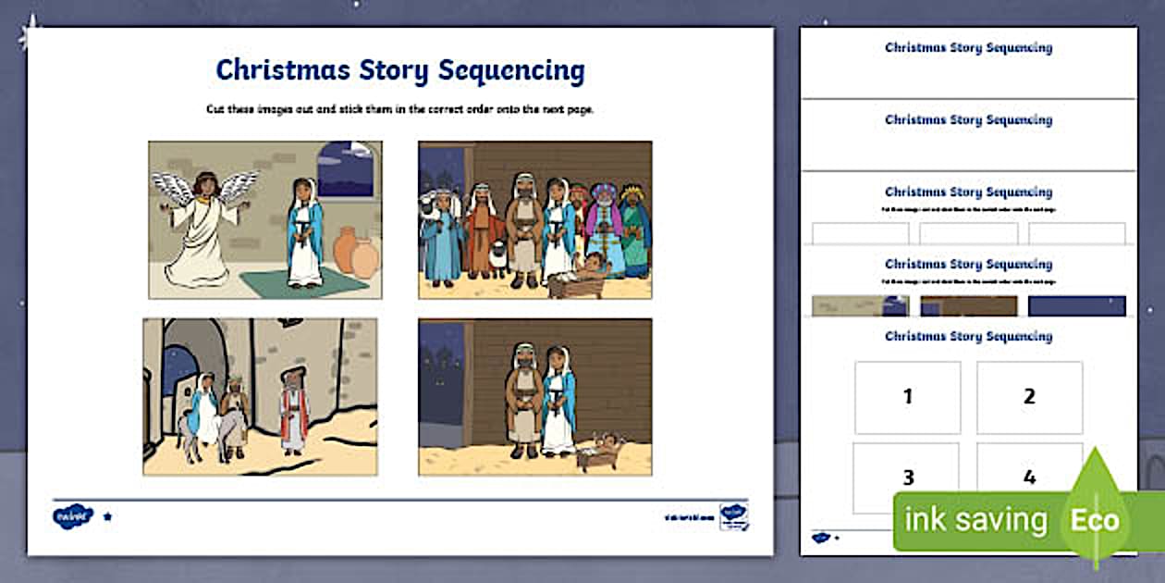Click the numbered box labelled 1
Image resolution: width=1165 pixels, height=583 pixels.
[907, 397]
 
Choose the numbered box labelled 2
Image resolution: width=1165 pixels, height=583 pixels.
[1029, 397]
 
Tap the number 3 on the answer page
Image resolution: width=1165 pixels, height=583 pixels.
[908, 478]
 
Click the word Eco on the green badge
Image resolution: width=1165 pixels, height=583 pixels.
[1096, 519]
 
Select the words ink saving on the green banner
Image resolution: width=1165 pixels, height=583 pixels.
[975, 520]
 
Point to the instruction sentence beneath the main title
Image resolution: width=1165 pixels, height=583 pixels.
[399, 109]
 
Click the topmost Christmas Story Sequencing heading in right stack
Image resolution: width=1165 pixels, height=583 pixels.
[968, 47]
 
